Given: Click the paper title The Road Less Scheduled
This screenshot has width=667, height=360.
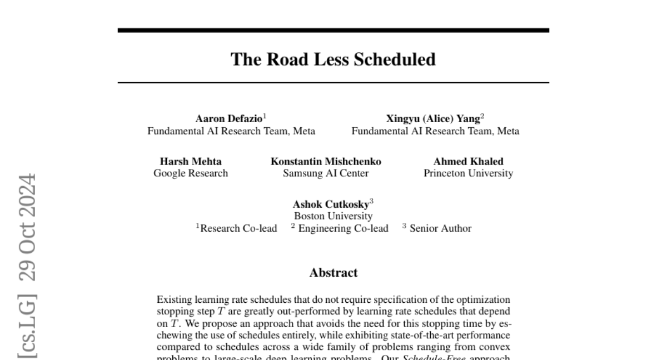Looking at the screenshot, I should pos(333,59).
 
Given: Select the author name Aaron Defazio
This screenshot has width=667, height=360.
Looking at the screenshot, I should pos(229,118).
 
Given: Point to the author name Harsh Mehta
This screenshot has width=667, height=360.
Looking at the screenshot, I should pos(191,162).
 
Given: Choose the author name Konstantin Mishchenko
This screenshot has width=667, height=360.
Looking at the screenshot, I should pos(326,162).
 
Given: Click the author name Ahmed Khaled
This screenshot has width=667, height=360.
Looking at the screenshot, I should pos(468,162).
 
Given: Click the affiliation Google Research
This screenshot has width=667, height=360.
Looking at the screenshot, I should pos(191,173).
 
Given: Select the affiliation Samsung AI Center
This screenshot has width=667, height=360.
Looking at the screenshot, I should pos(326,173).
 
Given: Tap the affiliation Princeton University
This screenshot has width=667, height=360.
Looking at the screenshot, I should pos(468,173).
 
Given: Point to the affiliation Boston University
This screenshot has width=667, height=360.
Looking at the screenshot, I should pos(333,216).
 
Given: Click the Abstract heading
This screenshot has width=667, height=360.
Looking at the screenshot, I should pos(333,273).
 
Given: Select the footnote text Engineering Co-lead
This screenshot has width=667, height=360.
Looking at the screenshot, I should pos(343,228).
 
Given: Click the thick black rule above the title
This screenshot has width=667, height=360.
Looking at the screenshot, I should pos(333,30).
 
